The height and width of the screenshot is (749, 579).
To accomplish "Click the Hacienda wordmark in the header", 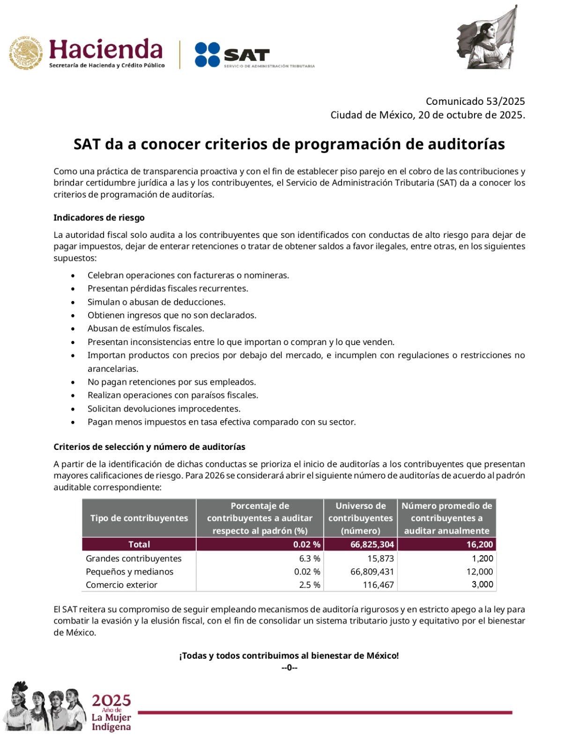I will (x=105, y=49).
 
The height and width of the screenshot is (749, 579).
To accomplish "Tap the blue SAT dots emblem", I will (x=207, y=54).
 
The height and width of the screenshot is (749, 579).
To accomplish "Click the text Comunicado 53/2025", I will (x=475, y=101).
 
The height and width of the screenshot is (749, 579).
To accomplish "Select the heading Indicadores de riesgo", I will (x=99, y=218).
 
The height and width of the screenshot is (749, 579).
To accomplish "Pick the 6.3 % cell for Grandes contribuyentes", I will (x=310, y=558).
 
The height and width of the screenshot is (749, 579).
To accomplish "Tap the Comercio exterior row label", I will (x=121, y=585).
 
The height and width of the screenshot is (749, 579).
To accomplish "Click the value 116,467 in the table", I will (x=378, y=585).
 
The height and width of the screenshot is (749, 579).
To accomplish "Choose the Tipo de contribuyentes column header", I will (x=139, y=518).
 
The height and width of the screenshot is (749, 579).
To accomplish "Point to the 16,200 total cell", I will (x=479, y=544).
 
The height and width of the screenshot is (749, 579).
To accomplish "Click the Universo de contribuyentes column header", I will (x=360, y=518).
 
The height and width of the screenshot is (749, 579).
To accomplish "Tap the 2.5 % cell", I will (x=310, y=585).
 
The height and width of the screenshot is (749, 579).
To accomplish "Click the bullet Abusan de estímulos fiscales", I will (x=146, y=329).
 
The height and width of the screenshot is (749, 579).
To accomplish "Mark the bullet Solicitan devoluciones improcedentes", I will (x=164, y=409).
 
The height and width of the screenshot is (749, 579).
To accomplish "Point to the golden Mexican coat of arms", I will (x=25, y=53).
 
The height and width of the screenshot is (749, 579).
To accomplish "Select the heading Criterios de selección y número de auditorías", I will (x=149, y=447).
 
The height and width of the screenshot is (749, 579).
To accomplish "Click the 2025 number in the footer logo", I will (x=111, y=701).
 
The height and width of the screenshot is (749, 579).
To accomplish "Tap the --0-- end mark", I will (x=289, y=668).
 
